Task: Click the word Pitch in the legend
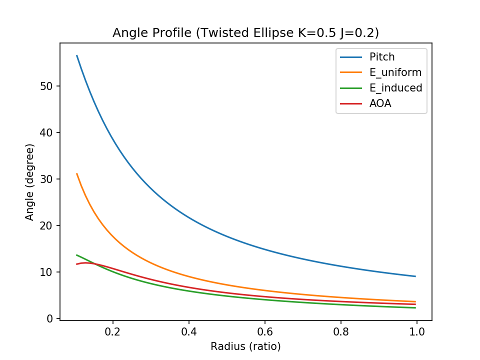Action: [x=382, y=57]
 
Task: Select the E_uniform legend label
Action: [x=395, y=72]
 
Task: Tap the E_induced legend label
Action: [x=396, y=88]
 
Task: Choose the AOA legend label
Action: [x=380, y=103]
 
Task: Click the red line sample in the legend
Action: [x=350, y=103]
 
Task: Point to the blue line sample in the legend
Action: [x=350, y=57]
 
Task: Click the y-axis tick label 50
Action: [x=46, y=86]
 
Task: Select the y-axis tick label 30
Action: [x=46, y=179]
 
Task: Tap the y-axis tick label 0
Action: [x=50, y=318]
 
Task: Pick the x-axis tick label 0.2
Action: [x=113, y=331]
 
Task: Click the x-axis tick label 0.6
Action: [x=265, y=331]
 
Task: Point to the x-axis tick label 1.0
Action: [x=417, y=331]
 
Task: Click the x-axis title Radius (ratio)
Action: [x=245, y=346]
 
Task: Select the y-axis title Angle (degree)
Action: [x=30, y=182]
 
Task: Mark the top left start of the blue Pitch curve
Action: [x=77, y=55]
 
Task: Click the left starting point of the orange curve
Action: [x=77, y=173]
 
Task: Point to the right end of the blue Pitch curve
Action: [x=415, y=276]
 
